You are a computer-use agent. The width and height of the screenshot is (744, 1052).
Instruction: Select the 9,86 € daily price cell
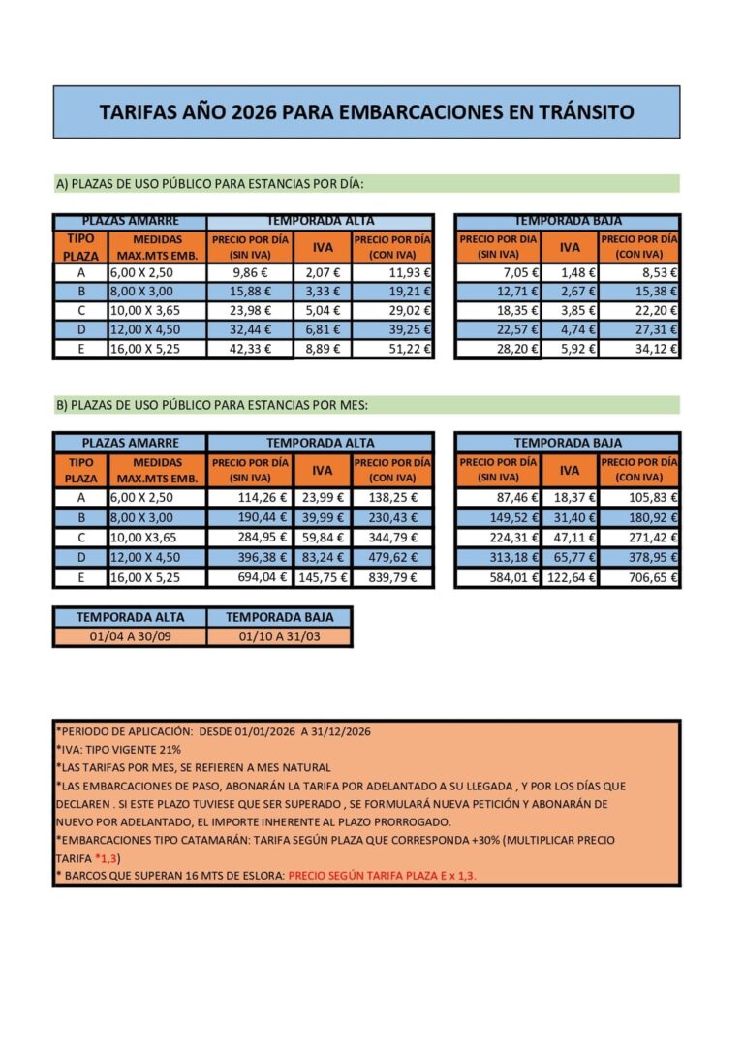click(250, 273)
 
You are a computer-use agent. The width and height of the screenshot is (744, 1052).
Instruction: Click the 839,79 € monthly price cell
click(392, 577)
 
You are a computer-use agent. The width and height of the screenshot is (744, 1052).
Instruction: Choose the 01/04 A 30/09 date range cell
click(130, 636)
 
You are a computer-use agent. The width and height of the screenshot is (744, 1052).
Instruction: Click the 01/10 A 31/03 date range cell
click(278, 636)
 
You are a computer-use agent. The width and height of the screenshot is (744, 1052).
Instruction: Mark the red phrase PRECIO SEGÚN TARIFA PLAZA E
click(376, 875)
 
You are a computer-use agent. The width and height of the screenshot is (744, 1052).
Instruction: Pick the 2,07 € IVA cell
click(321, 273)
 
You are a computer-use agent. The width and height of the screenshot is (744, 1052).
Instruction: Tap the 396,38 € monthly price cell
click(249, 558)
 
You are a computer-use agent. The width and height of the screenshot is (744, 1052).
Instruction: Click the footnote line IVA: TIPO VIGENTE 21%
click(118, 750)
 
